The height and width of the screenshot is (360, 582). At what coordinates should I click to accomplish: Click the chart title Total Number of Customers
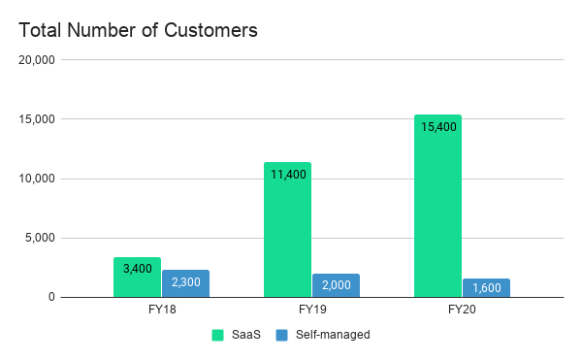pyautogui.click(x=138, y=30)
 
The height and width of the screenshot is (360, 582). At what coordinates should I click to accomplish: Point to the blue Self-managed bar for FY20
pyautogui.click(x=486, y=288)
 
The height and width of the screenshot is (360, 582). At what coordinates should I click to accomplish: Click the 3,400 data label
pyautogui.click(x=137, y=268)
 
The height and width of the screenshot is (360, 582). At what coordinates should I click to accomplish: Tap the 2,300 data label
pyautogui.click(x=185, y=281)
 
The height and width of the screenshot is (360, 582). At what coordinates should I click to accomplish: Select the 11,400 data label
pyautogui.click(x=287, y=174)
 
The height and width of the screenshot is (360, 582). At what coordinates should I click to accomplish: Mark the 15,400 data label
pyautogui.click(x=437, y=126)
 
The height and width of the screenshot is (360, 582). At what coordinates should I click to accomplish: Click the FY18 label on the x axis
pyautogui.click(x=161, y=311)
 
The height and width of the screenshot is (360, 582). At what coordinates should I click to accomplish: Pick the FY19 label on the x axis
pyautogui.click(x=311, y=311)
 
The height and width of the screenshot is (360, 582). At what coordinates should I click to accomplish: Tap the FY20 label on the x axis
pyautogui.click(x=462, y=311)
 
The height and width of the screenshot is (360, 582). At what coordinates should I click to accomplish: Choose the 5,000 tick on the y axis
pyautogui.click(x=42, y=238)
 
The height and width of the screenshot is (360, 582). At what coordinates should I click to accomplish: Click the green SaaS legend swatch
pyautogui.click(x=217, y=335)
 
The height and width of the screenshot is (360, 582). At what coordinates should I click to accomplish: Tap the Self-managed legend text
pyautogui.click(x=334, y=335)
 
